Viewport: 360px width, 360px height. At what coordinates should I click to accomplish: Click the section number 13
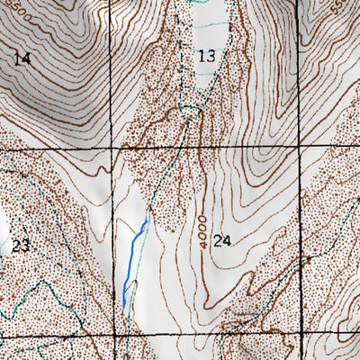pos(207,56)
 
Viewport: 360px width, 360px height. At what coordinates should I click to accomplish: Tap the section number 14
pos(22,58)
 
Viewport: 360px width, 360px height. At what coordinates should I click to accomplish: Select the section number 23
pos(22,245)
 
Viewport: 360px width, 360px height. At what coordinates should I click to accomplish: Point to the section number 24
pos(223,240)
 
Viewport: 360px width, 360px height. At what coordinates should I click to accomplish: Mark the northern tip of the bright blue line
pos(147,220)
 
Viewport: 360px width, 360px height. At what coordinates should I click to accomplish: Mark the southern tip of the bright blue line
pos(123,307)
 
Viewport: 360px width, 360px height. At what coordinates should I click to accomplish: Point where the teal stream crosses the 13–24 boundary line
pos(175,145)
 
